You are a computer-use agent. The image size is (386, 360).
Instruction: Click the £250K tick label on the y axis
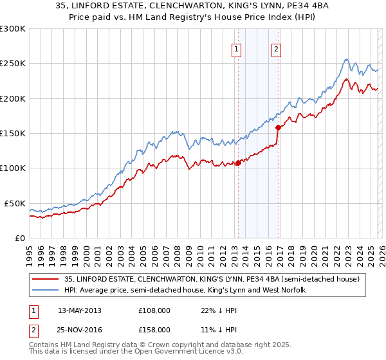pos(13,64)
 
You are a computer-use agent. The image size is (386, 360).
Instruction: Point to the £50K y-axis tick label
pos(15,203)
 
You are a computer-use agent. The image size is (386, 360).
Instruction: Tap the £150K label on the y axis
pos(13,133)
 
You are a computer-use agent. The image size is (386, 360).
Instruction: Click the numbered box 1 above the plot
pos(237,50)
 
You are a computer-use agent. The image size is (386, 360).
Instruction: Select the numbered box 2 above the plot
pos(276,50)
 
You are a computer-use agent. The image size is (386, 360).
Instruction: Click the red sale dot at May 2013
pos(238,163)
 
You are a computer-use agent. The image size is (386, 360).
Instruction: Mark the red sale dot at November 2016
pos(279,127)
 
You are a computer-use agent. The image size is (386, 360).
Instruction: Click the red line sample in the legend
pos(45,279)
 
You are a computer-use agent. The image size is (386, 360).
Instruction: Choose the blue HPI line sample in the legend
pos(45,290)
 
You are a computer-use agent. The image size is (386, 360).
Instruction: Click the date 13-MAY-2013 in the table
pos(80,310)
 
